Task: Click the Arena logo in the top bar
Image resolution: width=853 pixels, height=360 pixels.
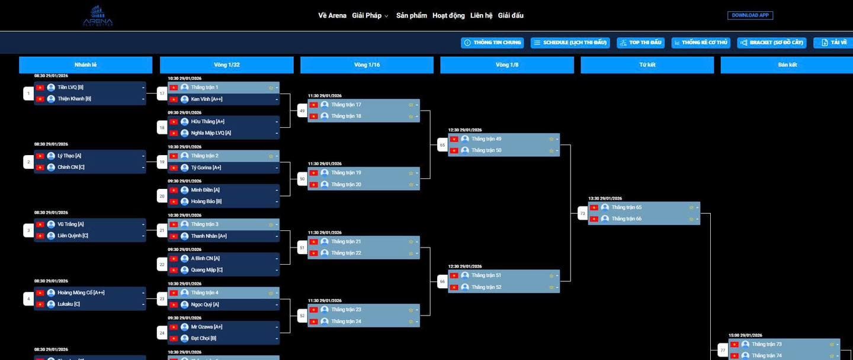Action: tap(98, 16)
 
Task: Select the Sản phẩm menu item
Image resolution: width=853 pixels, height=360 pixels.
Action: tap(411, 15)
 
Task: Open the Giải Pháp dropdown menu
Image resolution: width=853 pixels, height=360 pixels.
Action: tap(370, 15)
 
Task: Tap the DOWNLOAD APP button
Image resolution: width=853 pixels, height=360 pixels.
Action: tap(750, 15)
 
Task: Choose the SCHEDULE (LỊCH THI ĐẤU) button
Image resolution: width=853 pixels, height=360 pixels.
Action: tap(570, 43)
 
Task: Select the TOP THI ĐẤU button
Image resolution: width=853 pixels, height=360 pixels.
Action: tap(640, 43)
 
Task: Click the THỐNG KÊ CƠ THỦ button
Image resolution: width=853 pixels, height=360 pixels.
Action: tap(701, 43)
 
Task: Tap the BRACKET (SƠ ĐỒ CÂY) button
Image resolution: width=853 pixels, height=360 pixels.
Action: tap(771, 43)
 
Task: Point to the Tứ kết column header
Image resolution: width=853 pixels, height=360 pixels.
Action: tap(647, 65)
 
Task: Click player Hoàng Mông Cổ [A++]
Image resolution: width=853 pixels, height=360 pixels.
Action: tap(81, 292)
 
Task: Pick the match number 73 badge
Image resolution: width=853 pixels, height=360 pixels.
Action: tap(582, 213)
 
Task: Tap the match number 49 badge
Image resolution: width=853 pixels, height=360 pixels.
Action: tap(302, 111)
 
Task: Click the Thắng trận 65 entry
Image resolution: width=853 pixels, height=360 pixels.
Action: tap(626, 207)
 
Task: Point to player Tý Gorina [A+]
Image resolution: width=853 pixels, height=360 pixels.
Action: tap(206, 168)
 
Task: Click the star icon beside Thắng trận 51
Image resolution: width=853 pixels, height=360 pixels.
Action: tap(551, 275)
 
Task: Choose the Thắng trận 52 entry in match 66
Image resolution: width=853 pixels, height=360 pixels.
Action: tap(486, 287)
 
